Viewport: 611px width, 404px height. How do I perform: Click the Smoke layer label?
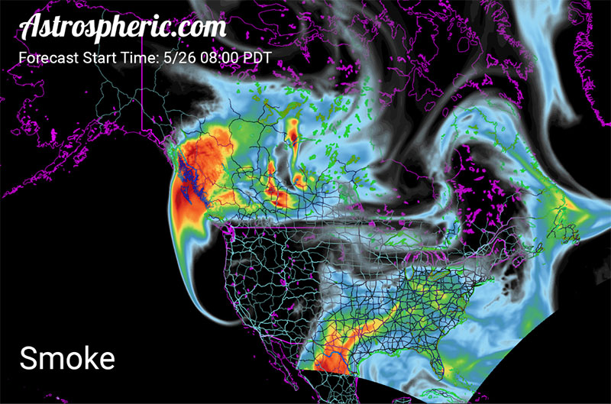point(66,357)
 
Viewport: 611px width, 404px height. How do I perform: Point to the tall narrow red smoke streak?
point(293,137)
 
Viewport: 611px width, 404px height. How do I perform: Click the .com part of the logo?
point(202,27)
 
